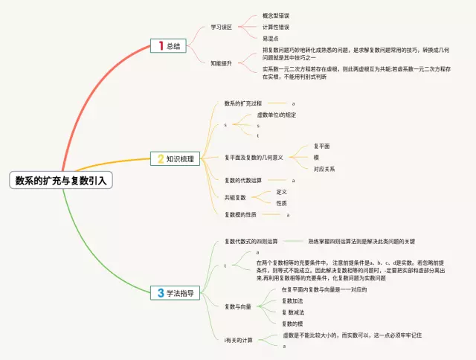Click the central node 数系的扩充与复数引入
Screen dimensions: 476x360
tap(62, 180)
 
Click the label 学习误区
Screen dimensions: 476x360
tap(222, 27)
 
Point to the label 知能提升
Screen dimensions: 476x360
tap(222, 64)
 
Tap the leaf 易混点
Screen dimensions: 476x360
tap(271, 38)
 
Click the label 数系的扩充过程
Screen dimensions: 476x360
tap(245, 103)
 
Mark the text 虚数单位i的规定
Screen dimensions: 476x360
tap(277, 115)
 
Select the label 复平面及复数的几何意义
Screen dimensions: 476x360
tap(254, 158)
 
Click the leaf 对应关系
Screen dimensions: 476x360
tap(324, 169)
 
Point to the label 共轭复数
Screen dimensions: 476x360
tap(237, 197)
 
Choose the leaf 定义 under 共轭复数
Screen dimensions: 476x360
tap(281, 192)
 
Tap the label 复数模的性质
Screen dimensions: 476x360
tap(240, 215)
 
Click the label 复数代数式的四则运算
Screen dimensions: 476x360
tap(251, 242)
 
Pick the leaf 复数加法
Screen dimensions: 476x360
tap(292, 300)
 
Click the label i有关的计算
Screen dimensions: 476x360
tap(239, 341)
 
